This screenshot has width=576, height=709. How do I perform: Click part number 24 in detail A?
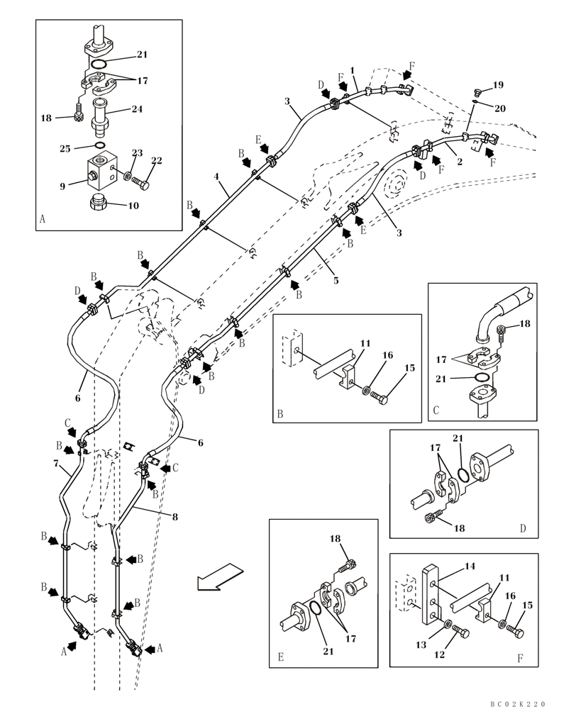point(137,109)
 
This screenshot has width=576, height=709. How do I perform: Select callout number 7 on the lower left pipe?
point(56,462)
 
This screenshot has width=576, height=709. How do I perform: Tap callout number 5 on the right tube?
point(336,281)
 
